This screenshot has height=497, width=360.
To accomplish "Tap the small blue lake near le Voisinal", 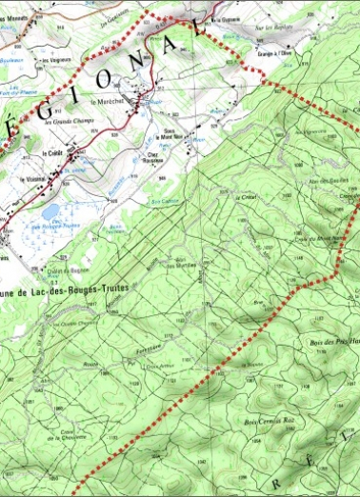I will point(50,211).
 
